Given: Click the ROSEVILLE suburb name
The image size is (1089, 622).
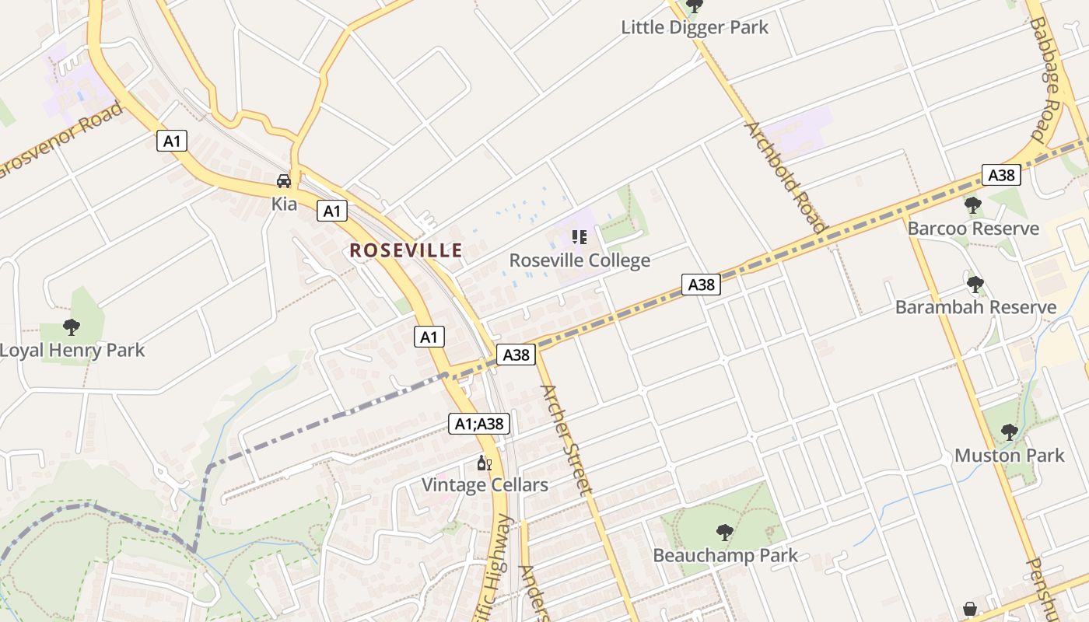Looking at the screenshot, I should (x=406, y=250).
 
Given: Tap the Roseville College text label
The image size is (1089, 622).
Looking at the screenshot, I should (x=580, y=260).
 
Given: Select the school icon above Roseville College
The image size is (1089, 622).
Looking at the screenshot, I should (x=579, y=236).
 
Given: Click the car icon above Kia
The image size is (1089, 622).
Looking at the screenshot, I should (x=284, y=181).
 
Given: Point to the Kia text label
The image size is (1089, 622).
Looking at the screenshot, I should (x=284, y=204).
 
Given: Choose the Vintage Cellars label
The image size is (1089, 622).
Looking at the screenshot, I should (x=485, y=485).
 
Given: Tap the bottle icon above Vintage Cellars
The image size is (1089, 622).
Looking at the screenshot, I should (x=484, y=463).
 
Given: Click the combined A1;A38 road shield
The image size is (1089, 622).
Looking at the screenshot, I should (x=479, y=424).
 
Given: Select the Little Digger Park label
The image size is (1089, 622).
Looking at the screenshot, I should (x=694, y=27).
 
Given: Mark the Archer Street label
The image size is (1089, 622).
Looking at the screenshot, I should (x=565, y=440).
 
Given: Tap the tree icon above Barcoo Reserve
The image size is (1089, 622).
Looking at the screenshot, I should (x=972, y=205).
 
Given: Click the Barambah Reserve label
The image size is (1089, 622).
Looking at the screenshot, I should (x=975, y=307).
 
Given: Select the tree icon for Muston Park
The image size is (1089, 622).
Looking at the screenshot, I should (x=1009, y=432).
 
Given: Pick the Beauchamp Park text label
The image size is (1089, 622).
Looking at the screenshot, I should (x=725, y=555).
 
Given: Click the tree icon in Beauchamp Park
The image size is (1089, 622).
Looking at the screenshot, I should (x=724, y=533).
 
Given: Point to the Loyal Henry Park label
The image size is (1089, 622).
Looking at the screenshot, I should (x=72, y=350).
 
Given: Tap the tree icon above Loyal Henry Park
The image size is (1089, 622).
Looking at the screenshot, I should (x=72, y=327).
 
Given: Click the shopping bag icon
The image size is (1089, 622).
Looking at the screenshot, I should (x=970, y=609).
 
